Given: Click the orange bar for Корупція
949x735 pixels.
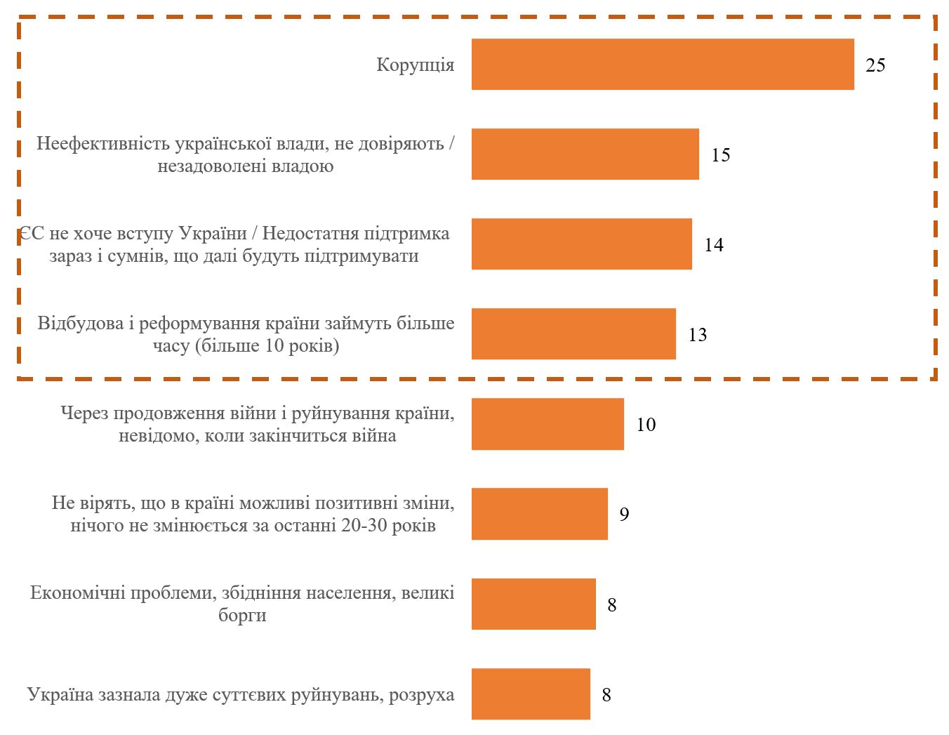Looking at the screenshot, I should (x=663, y=65).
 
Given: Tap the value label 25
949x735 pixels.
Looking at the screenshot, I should (x=875, y=65).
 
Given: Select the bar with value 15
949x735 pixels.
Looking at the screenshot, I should (x=585, y=154).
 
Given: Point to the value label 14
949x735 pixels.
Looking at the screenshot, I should (x=714, y=245).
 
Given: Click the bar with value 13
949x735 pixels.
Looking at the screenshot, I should (x=573, y=334).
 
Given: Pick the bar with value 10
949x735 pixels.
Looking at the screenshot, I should (x=547, y=424).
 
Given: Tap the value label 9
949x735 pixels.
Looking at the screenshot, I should (x=624, y=515).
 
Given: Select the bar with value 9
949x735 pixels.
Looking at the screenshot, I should (x=539, y=514).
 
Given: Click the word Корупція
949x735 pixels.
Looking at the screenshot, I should (x=416, y=65).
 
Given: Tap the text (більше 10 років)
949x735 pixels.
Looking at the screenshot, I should (x=267, y=346).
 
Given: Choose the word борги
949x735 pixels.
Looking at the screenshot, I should (x=242, y=616).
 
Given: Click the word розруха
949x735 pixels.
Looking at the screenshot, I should (x=421, y=695).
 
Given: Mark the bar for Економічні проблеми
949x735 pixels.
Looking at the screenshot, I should (x=533, y=604).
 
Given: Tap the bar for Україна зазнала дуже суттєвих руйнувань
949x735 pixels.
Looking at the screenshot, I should (x=531, y=694).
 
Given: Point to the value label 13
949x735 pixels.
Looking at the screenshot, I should (x=698, y=335).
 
